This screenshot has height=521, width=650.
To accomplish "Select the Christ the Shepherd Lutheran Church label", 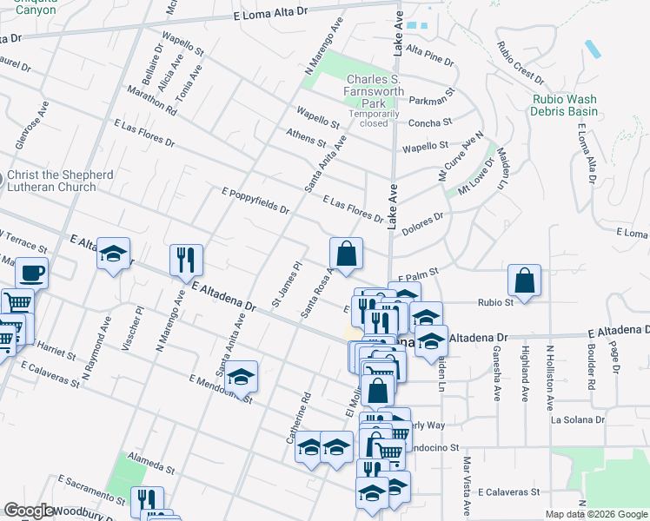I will (x=60, y=181).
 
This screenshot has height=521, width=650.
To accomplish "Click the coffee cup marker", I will (x=31, y=274).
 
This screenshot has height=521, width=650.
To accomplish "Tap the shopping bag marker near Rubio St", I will (x=524, y=281).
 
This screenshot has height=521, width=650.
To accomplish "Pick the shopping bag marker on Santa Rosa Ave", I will (x=346, y=255).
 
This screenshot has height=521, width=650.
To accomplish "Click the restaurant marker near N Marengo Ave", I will (x=186, y=260).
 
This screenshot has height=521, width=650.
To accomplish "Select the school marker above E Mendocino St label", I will (x=242, y=377).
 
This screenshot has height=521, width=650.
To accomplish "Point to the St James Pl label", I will (x=285, y=285).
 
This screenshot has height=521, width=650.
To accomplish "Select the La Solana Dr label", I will (x=578, y=419).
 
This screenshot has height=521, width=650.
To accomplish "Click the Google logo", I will (x=29, y=511).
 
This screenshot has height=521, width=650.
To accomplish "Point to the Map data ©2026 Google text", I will (x=596, y=514).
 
